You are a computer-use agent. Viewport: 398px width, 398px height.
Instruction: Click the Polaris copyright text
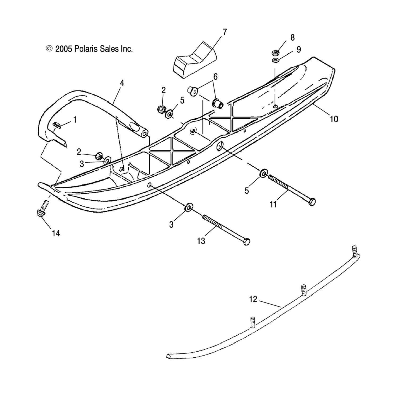(x=89, y=49)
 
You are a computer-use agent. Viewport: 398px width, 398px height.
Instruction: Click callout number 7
(x=225, y=32)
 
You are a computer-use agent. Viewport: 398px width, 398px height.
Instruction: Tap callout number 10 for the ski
(x=334, y=119)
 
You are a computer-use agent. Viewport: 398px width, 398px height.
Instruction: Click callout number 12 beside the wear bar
(x=253, y=299)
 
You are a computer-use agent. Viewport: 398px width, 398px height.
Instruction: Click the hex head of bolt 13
(x=247, y=242)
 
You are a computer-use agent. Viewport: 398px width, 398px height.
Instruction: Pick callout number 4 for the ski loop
(x=122, y=83)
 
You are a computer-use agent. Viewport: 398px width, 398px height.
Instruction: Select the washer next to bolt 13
(x=189, y=207)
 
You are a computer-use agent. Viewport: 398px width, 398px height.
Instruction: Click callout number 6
(x=215, y=77)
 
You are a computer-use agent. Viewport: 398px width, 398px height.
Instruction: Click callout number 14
(x=56, y=233)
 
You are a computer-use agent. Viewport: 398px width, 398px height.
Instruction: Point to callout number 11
(x=273, y=204)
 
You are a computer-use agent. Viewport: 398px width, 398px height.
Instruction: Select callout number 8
(x=292, y=38)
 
